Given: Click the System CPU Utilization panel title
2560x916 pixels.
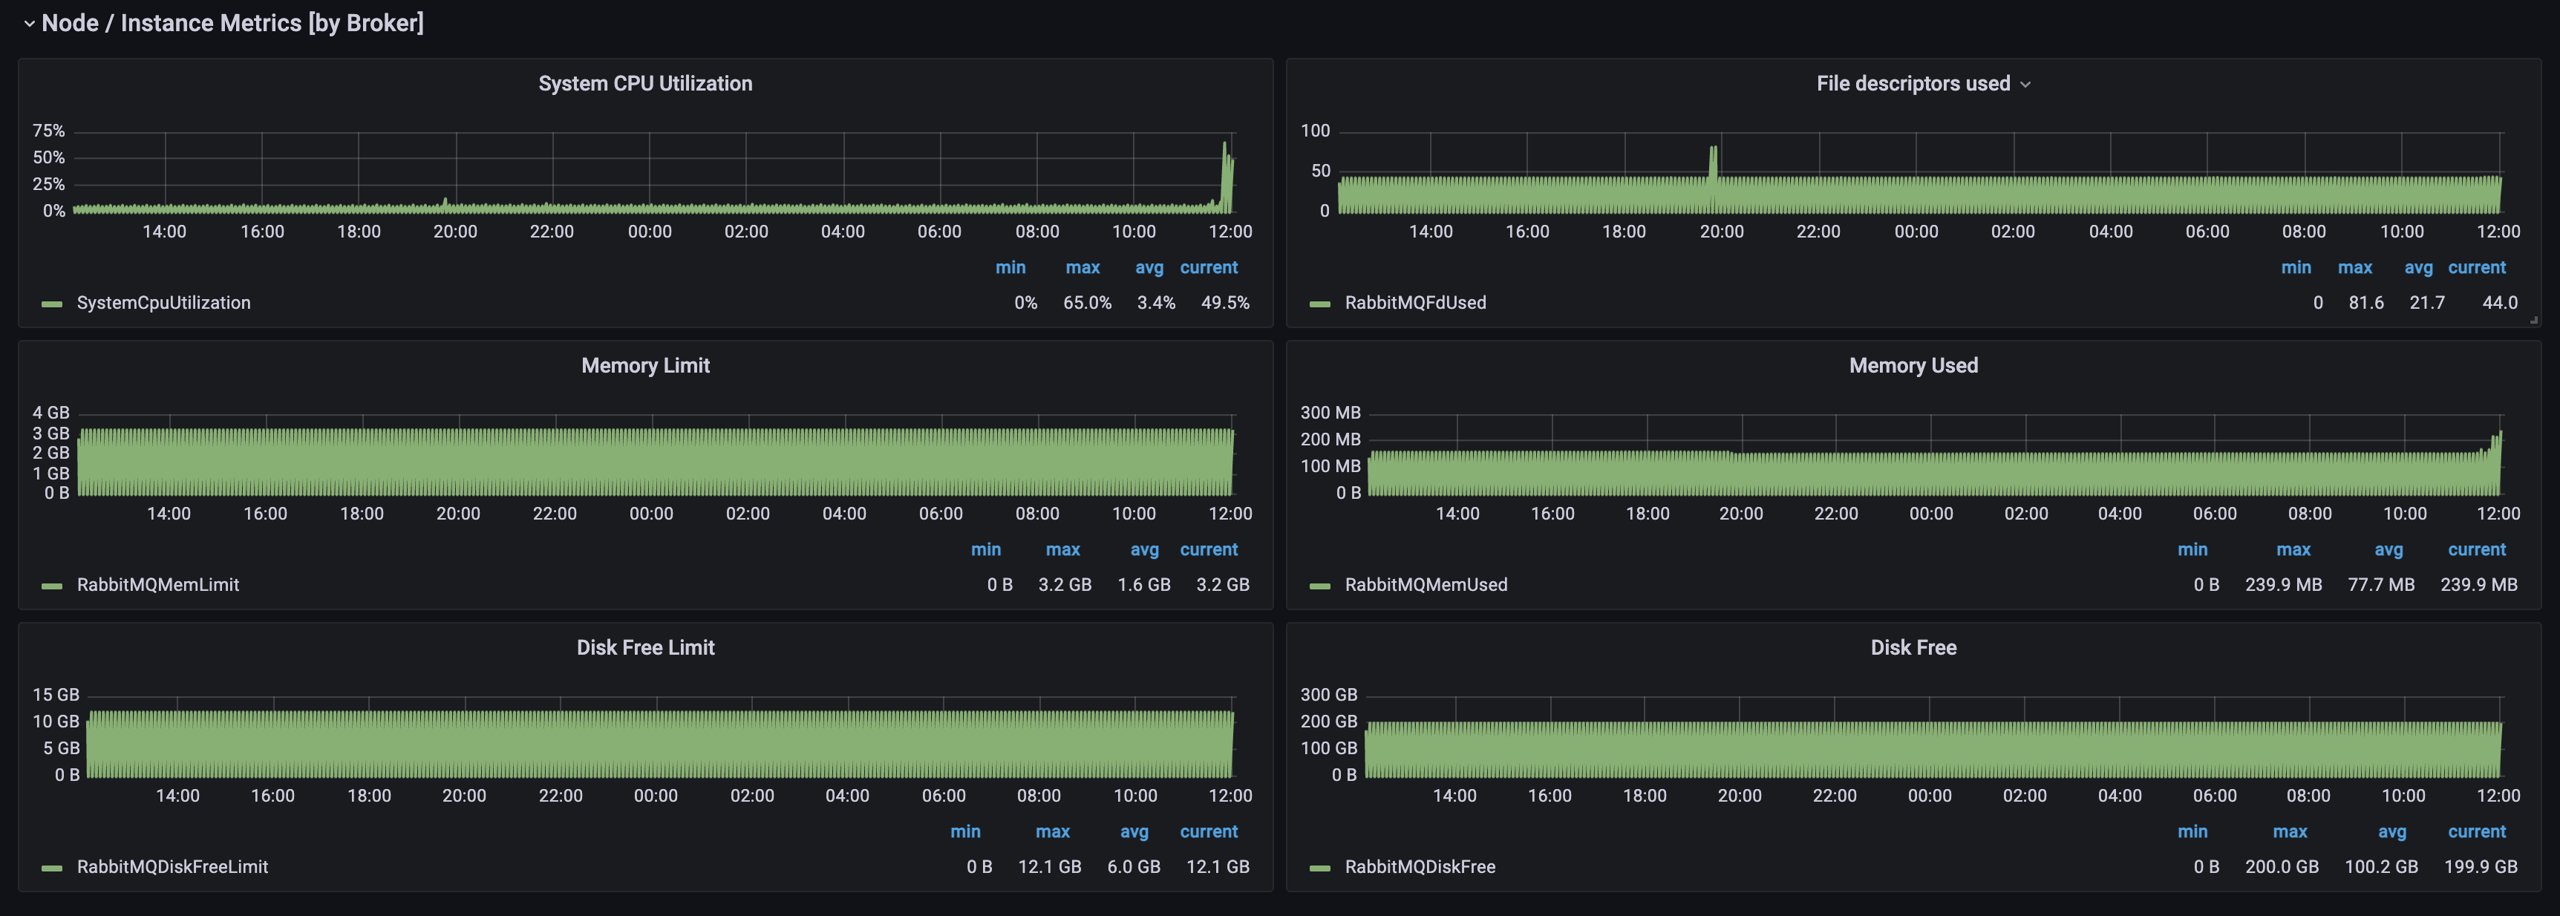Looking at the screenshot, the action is click(x=645, y=83).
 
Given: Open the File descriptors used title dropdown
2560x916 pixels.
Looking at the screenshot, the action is click(x=2025, y=85).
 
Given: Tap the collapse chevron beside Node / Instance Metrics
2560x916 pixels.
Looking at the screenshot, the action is click(x=29, y=23).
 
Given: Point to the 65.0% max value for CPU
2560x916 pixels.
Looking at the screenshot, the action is click(x=1087, y=303).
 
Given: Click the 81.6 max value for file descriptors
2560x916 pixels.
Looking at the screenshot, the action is click(x=2366, y=303).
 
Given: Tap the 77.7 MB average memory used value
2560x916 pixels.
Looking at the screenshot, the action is click(x=2381, y=585).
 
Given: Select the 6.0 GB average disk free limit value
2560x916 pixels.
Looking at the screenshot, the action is click(x=1134, y=867).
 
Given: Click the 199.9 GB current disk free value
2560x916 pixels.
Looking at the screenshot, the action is click(x=2481, y=867).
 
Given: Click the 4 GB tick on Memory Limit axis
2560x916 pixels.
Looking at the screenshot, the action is click(x=50, y=412).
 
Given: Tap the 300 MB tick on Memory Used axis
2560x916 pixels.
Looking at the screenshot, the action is click(x=1330, y=412).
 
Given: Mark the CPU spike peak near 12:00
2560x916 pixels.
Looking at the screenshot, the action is click(x=1224, y=143).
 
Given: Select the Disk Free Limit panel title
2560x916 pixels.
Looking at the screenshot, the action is click(x=645, y=648).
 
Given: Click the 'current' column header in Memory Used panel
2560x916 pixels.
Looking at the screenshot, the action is click(x=2477, y=549).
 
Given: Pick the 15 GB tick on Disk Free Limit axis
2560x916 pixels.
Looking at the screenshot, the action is click(x=56, y=695).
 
